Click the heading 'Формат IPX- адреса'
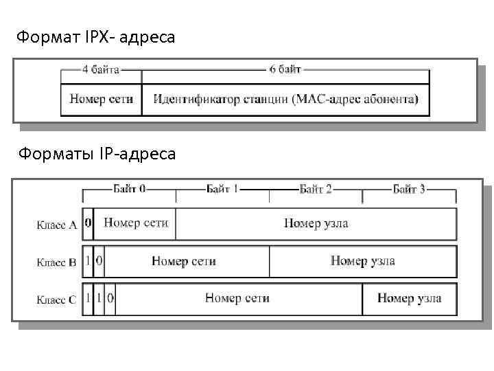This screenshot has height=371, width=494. [96, 37]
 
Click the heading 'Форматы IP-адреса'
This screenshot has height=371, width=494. [97, 154]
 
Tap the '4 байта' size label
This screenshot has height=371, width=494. [101, 69]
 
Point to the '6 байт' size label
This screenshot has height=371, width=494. [284, 69]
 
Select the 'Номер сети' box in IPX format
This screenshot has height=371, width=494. [102, 100]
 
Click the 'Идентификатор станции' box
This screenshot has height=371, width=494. [285, 100]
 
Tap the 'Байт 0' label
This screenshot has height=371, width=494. [129, 189]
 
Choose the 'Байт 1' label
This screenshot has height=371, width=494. [222, 189]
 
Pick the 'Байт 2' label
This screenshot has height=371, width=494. [316, 189]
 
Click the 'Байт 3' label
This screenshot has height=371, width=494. [409, 189]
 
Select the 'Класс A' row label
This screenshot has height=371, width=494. [56, 225]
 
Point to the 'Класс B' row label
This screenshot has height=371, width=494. [56, 262]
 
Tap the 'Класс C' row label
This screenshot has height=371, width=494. [56, 300]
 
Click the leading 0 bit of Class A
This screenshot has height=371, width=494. [88, 223]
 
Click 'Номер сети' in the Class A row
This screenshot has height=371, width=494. [135, 223]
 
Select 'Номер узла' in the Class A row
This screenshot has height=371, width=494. [316, 223]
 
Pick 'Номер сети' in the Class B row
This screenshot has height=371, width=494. [184, 261]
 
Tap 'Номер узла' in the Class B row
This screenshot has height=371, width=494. [362, 261]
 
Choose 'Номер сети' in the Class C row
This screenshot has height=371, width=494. [237, 298]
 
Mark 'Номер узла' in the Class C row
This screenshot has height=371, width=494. [409, 298]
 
